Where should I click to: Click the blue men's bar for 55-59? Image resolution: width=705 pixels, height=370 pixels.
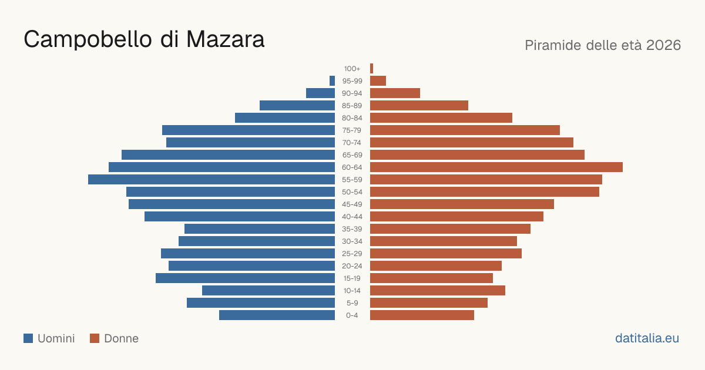click(x=211, y=180)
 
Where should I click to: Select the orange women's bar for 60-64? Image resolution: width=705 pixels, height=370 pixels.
click(x=496, y=167)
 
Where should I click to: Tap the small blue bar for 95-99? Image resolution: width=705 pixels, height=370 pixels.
click(x=333, y=81)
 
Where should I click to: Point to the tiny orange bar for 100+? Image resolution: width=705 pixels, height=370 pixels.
click(x=372, y=69)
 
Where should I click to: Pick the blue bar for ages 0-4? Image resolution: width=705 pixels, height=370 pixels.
click(x=277, y=315)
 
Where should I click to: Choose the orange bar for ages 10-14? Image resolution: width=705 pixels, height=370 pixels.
click(x=438, y=290)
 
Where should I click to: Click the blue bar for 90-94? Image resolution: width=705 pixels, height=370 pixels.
click(x=320, y=93)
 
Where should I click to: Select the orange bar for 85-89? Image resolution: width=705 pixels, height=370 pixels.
click(x=419, y=105)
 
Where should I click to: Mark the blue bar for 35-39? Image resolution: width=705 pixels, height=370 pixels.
click(x=260, y=228)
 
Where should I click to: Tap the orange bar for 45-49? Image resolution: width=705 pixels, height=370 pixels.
click(x=462, y=204)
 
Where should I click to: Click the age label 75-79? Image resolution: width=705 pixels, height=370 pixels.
click(x=352, y=130)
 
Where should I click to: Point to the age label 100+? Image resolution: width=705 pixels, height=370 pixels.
click(x=352, y=69)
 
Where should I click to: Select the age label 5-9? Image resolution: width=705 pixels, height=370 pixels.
click(x=352, y=303)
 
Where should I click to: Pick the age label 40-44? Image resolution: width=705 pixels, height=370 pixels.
click(x=352, y=217)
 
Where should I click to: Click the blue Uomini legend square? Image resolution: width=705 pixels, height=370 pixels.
click(x=28, y=338)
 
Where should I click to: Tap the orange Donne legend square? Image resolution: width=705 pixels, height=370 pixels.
click(x=95, y=338)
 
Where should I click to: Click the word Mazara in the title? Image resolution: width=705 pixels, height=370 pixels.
click(x=226, y=39)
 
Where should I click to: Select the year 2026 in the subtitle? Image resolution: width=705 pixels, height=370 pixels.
click(x=663, y=45)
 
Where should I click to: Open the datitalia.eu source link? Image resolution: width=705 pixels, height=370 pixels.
click(x=647, y=338)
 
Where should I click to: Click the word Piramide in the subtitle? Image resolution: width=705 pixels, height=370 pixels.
click(x=553, y=45)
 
